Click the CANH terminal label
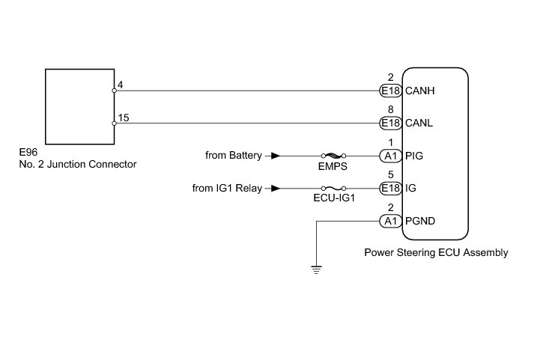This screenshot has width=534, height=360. click(422, 91)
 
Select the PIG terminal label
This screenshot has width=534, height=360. click(414, 156)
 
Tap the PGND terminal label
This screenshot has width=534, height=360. click(420, 221)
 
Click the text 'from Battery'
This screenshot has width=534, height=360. click(234, 156)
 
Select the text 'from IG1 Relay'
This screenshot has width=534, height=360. click(227, 189)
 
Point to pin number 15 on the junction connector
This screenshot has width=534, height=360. click(123, 118)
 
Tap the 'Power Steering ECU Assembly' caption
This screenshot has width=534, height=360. click(435, 253)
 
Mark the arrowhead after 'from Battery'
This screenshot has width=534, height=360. click(276, 156)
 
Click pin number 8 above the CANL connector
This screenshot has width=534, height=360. click(391, 109)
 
